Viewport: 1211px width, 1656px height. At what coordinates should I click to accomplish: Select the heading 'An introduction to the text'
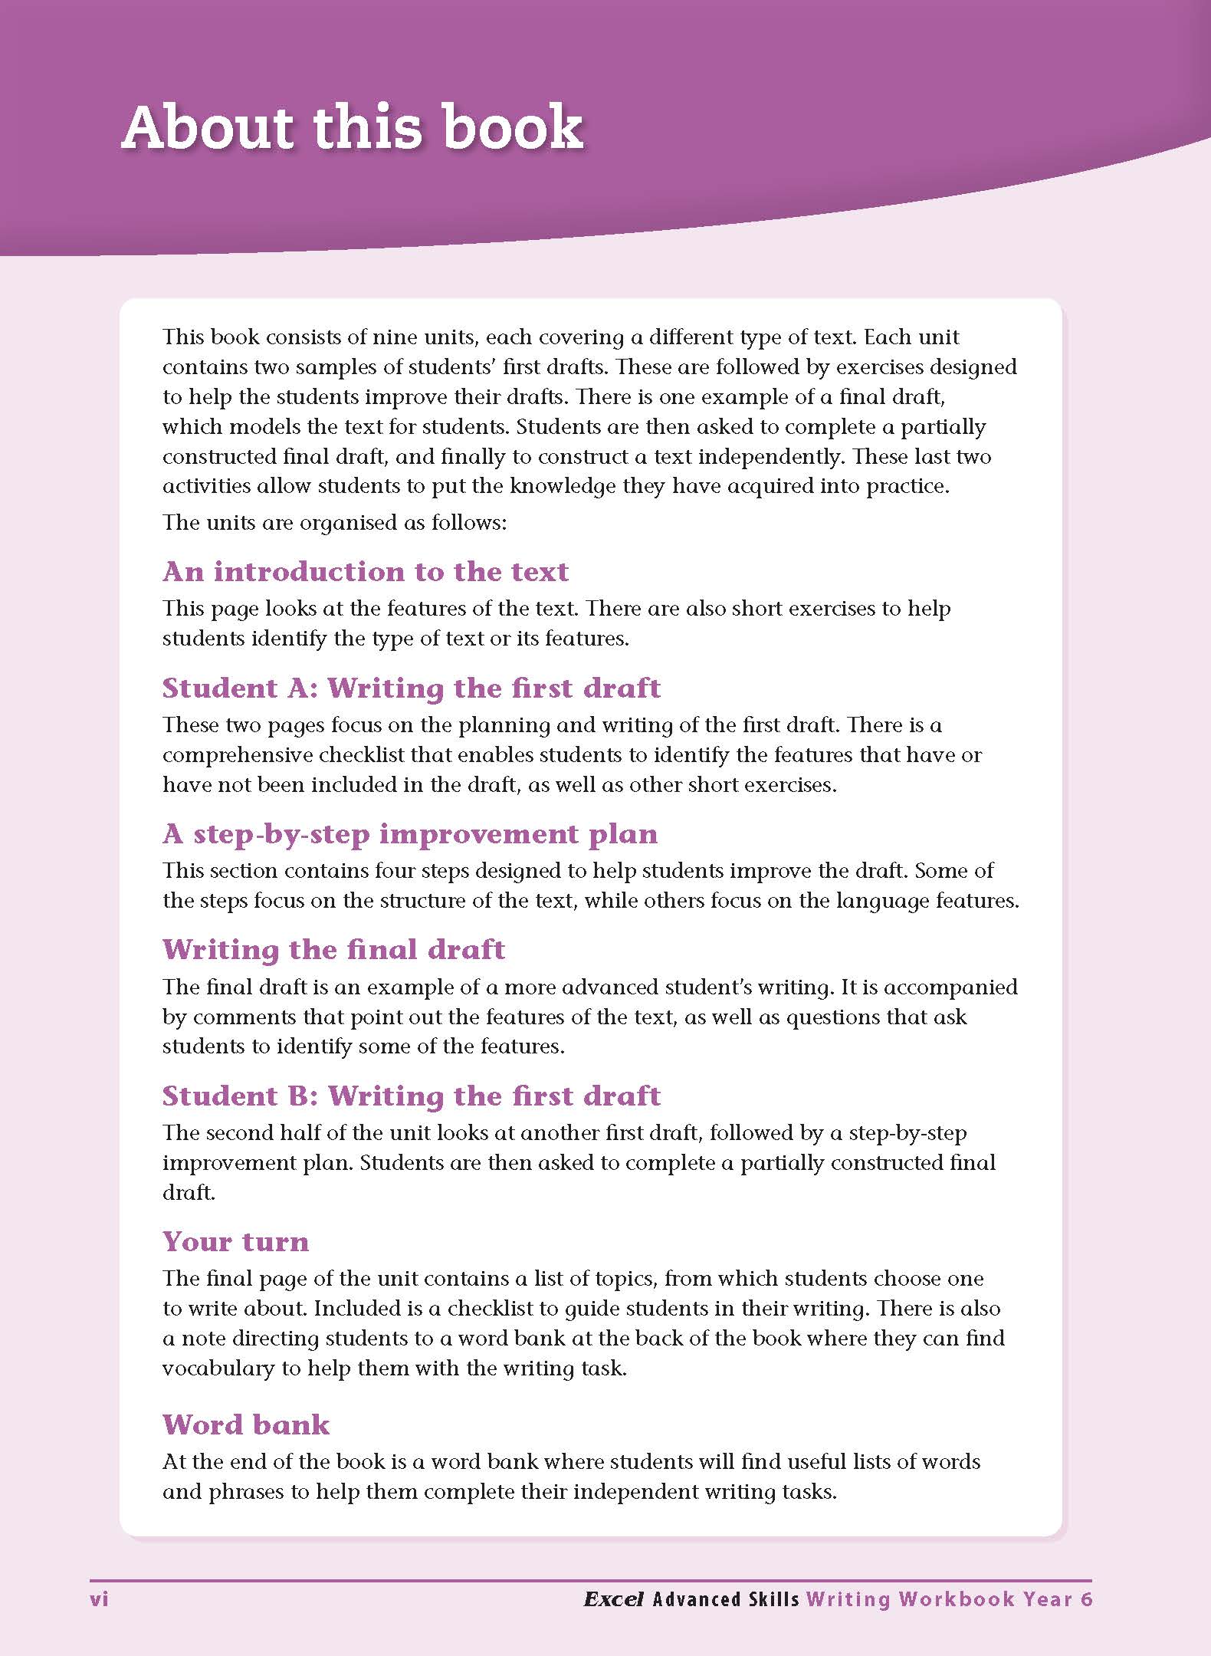[365, 571]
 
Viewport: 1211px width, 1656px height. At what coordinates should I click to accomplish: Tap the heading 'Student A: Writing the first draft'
[411, 688]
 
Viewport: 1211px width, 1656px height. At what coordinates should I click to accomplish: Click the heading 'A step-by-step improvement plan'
[410, 833]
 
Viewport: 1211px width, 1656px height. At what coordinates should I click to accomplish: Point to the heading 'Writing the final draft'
[333, 949]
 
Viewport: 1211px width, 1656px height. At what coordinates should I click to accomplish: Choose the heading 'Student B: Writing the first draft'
[411, 1096]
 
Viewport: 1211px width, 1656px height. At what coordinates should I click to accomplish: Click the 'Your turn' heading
[235, 1241]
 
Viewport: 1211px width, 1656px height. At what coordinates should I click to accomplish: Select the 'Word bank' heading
[245, 1424]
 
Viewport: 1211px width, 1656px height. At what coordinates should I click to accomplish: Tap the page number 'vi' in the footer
[100, 1599]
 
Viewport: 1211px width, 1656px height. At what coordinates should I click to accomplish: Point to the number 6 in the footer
[1086, 1599]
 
